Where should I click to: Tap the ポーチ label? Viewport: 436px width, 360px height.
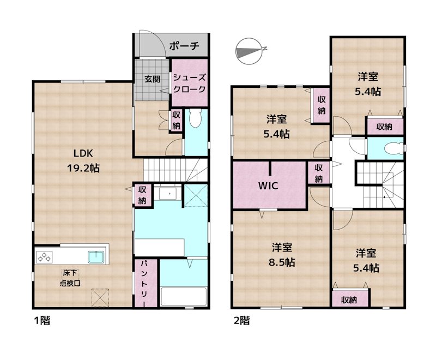coord(184,46)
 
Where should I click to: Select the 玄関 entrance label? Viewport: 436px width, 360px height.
coord(152,78)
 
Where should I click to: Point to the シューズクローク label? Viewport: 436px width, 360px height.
coord(190,83)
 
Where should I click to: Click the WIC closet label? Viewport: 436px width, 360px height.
coord(268,185)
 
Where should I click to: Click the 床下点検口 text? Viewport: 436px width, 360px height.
coord(70,278)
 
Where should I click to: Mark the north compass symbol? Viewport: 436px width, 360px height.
coord(250,51)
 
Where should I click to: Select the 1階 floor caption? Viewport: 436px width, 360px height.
coord(41,321)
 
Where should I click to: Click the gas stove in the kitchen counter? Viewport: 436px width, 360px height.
coord(45,256)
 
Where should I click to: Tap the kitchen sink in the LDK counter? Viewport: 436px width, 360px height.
coord(96,256)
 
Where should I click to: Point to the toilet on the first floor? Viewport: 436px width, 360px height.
coord(196,118)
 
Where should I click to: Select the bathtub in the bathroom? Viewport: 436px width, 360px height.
coord(184,297)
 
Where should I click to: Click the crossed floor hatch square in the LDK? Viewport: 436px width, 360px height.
coord(100,298)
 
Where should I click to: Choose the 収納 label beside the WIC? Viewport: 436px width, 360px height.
coord(318,173)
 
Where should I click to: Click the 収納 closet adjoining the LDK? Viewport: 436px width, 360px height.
coord(142,195)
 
